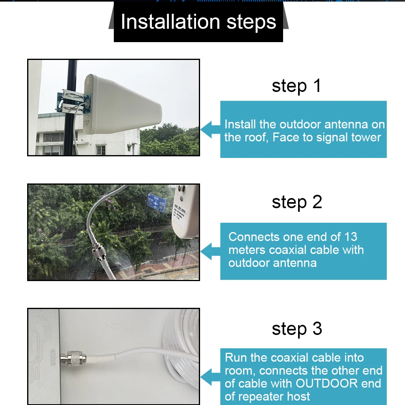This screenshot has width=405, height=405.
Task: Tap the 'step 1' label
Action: click(x=296, y=86)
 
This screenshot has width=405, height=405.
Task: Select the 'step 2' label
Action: click(x=296, y=202)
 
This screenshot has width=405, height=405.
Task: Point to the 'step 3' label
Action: click(x=296, y=329)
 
